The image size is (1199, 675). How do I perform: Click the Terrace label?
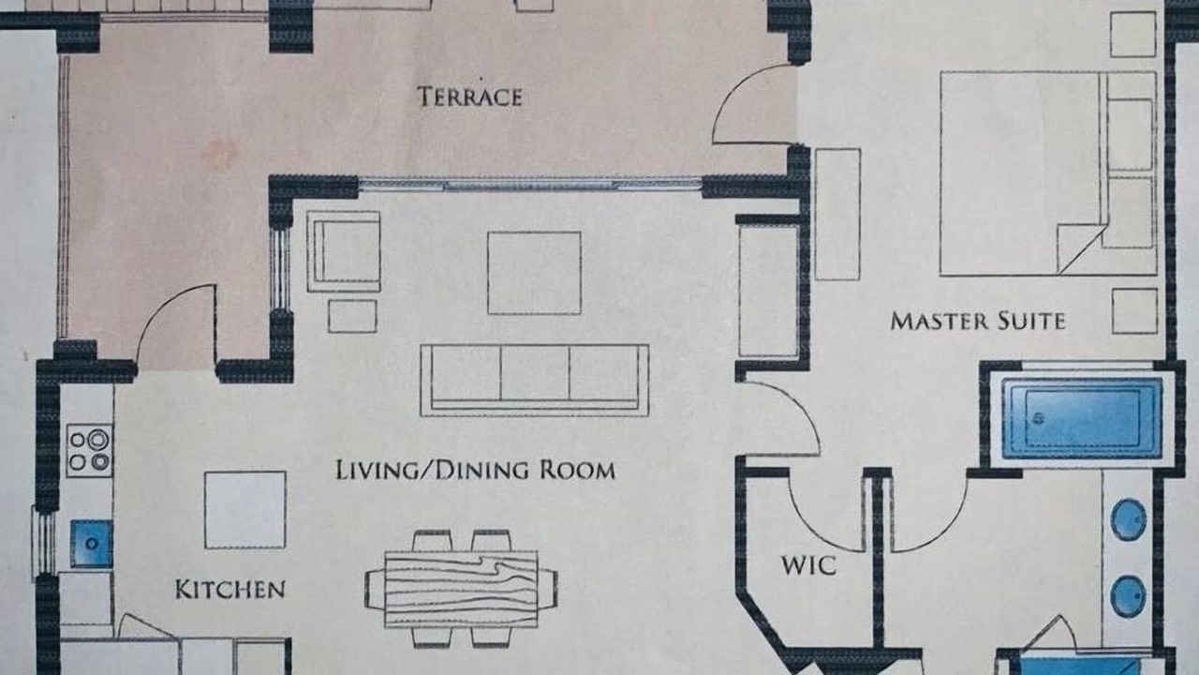point(469,97)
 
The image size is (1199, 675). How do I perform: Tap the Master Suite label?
point(978,322)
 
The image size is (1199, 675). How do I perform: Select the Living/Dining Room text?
point(475,470)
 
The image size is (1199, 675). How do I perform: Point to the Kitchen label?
point(230,590)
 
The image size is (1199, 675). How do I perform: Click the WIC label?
point(808,565)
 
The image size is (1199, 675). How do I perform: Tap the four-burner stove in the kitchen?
point(89,451)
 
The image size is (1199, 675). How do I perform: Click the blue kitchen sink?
point(92,543)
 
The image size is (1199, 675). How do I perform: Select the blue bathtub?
point(1082,418)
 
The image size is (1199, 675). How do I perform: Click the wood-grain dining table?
point(461,590)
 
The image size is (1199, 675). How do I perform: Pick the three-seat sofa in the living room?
point(535,381)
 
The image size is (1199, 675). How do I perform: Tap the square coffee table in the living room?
point(534,273)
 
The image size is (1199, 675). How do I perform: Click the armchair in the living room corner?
point(344,251)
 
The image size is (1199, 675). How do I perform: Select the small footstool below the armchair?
point(352,316)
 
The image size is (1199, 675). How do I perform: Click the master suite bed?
point(1048,173)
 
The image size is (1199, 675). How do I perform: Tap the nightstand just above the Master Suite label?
point(1134,311)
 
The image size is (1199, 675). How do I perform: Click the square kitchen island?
point(245,510)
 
